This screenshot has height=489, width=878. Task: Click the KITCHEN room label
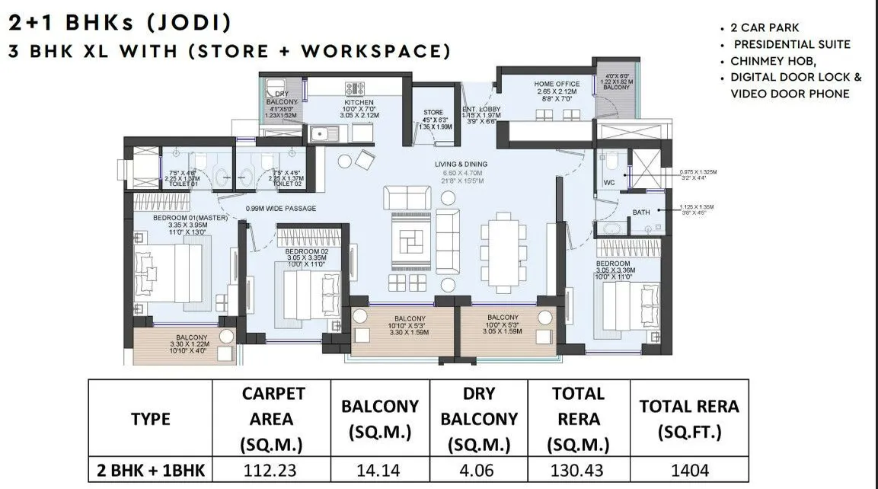click(359, 101)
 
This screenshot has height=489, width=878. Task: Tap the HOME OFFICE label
click(557, 84)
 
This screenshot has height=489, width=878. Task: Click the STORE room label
click(433, 113)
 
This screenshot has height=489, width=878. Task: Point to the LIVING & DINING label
click(461, 164)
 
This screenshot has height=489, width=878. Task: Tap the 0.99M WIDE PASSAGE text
click(280, 209)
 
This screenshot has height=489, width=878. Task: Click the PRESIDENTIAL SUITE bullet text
click(792, 45)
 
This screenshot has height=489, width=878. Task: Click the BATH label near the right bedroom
click(641, 213)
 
